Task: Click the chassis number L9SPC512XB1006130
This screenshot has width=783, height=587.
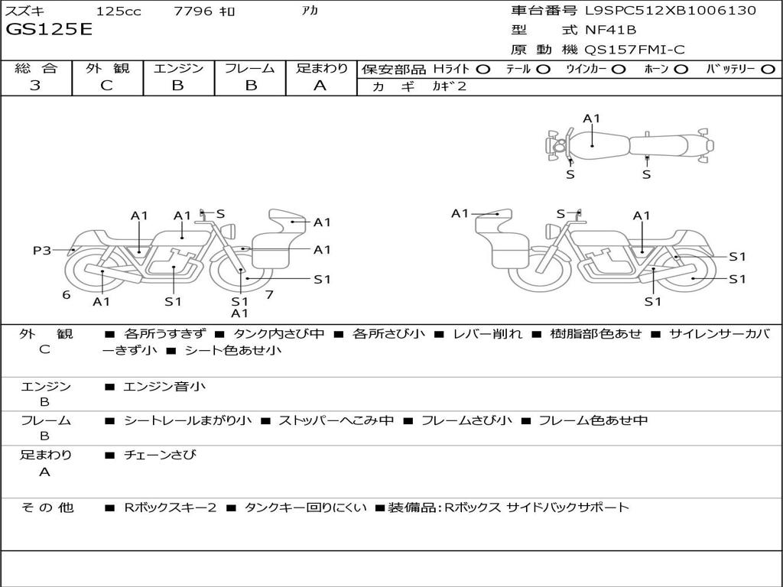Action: [671, 11]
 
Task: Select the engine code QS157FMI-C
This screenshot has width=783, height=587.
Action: [635, 50]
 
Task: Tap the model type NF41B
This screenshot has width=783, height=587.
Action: [610, 31]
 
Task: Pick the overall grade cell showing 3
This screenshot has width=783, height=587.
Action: [35, 86]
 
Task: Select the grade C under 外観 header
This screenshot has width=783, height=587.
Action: [107, 86]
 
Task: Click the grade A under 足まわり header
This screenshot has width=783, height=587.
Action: [320, 86]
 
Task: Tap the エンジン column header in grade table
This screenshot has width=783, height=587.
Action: [178, 68]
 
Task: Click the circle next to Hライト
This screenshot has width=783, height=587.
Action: [482, 69]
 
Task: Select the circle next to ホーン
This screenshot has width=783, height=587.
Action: [681, 69]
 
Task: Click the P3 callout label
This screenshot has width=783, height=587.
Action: [42, 250]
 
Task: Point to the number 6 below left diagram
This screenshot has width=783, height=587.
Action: [67, 294]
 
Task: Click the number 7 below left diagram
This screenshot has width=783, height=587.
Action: [269, 294]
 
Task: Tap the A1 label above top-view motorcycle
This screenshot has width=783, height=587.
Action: [592, 118]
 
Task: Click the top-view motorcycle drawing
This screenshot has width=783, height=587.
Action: [629, 144]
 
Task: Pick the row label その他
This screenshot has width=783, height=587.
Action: [47, 507]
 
